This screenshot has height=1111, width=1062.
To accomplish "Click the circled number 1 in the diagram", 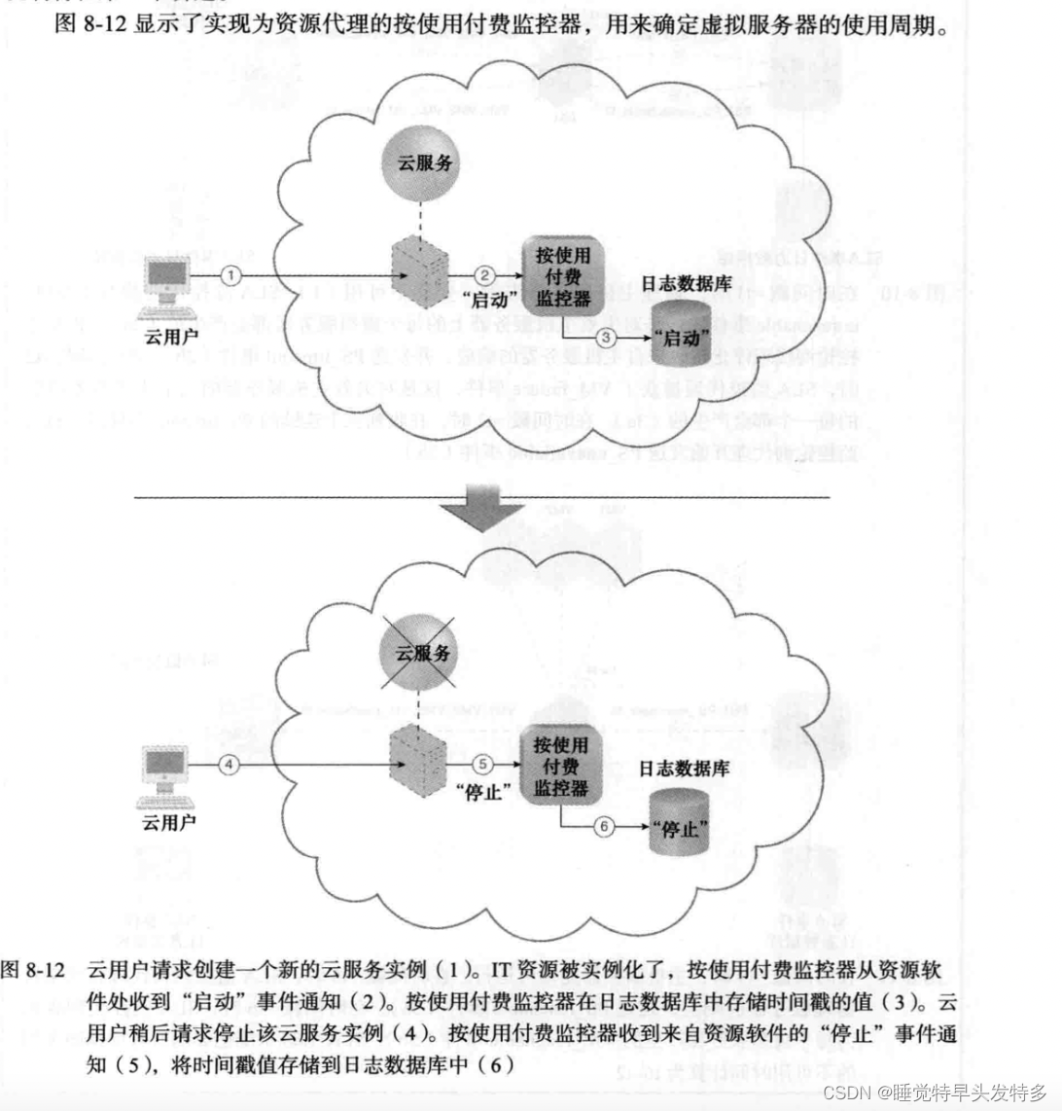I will (230, 273).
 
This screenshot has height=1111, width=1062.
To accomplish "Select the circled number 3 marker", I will (606, 337).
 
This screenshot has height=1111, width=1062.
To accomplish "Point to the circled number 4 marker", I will (230, 765).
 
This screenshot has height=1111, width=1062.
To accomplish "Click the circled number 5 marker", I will (487, 765).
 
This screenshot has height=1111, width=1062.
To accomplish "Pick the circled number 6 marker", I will (605, 828).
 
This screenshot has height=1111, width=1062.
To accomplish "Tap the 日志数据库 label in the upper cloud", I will (684, 283).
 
